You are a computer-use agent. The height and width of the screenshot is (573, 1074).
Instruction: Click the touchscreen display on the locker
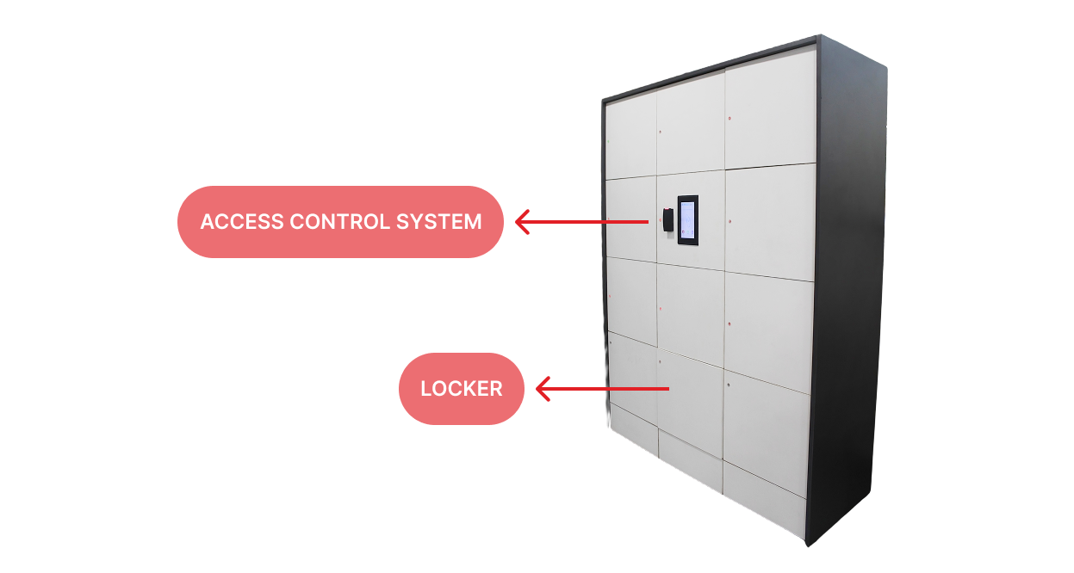coord(687,219)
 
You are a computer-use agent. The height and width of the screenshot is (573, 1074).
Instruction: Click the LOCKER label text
coord(461,389)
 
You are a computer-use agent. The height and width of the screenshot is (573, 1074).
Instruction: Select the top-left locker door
coord(630,138)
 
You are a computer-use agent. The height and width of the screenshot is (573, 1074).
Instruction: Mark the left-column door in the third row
coord(631,297)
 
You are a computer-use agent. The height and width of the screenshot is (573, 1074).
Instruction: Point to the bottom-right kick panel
coord(764,499)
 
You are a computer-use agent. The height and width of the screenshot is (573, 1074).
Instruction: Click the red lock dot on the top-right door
coord(729,118)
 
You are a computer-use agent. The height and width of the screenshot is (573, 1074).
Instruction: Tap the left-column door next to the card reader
coord(630,219)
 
